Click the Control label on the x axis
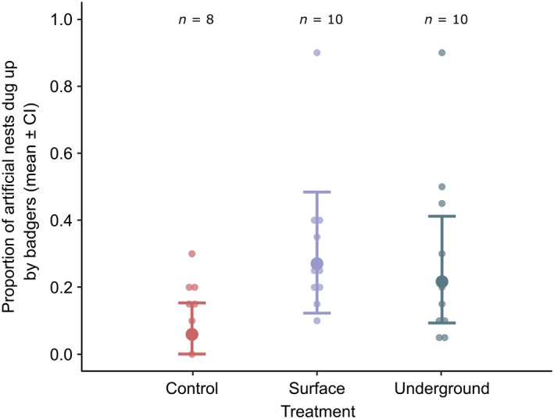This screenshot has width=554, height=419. point(191,389)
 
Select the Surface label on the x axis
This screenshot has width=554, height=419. point(316,389)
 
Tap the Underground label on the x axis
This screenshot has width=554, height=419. point(441,389)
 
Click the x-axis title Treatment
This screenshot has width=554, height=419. point(316,409)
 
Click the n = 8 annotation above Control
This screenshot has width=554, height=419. point(191,20)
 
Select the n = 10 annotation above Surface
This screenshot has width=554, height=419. point(316,20)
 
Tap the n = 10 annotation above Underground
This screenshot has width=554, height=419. point(441,20)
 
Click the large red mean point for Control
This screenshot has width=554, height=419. point(191,335)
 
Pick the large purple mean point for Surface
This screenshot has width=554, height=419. point(316,264)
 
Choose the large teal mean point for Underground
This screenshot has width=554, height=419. point(441,281)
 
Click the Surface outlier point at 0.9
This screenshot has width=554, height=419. point(316,52)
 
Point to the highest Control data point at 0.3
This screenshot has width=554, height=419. point(191,254)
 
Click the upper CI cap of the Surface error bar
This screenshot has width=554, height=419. point(316,192)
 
